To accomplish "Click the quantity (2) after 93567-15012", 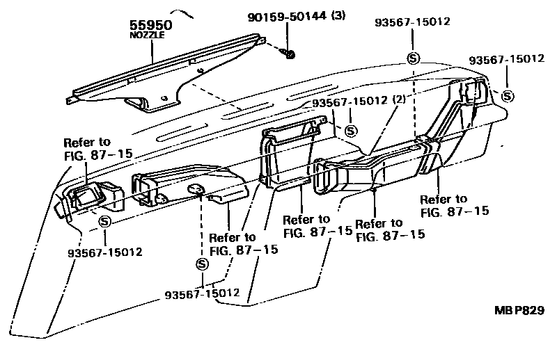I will click(x=398, y=100).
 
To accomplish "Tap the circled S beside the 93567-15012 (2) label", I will click(x=350, y=130).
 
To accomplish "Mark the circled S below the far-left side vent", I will click(x=104, y=222).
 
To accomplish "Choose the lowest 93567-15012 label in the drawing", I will click(x=203, y=294).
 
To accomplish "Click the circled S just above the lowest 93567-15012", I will click(x=202, y=264).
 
